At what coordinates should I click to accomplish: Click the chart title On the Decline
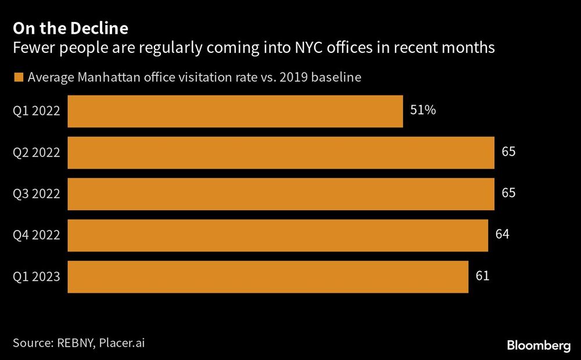click(x=71, y=28)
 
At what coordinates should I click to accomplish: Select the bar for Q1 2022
click(x=235, y=111)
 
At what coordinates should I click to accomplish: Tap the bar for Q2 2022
click(x=281, y=153)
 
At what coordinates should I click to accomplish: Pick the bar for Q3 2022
click(x=281, y=194)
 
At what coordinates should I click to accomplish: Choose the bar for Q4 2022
click(x=278, y=235)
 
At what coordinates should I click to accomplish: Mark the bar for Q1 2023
click(x=268, y=276)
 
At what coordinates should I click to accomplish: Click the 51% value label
click(x=423, y=110)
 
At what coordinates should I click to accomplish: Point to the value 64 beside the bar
click(x=503, y=234)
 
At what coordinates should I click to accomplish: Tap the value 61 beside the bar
click(x=482, y=275)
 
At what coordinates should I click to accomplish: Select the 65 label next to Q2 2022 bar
click(x=508, y=152)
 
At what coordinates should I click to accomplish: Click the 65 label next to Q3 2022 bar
click(x=508, y=193)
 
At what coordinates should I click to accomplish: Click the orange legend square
click(x=18, y=77)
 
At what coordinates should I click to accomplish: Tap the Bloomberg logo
click(x=539, y=345)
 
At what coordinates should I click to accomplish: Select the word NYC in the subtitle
click(x=305, y=48)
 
